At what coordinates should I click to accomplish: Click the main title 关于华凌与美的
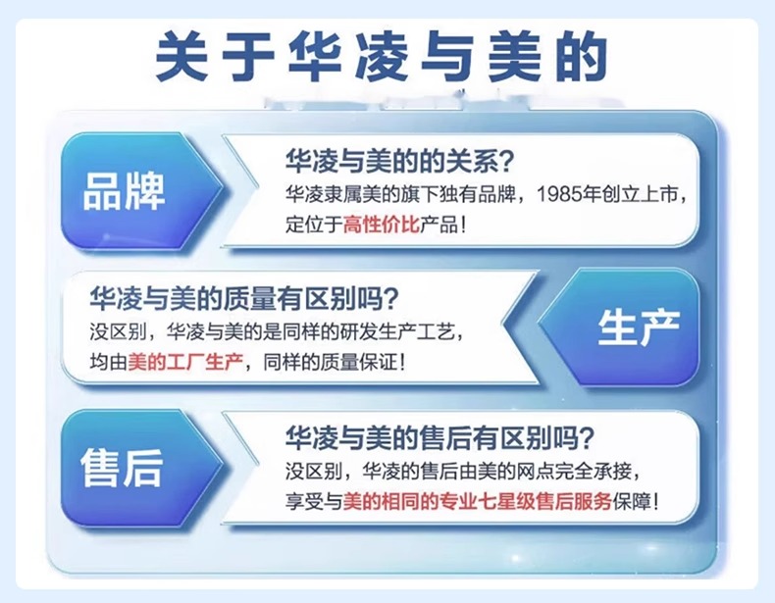[381, 56]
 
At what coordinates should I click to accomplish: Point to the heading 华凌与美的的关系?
[400, 161]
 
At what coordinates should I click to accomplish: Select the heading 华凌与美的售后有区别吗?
[439, 437]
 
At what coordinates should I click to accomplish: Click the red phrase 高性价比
[382, 225]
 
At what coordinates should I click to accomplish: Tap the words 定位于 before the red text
[314, 225]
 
